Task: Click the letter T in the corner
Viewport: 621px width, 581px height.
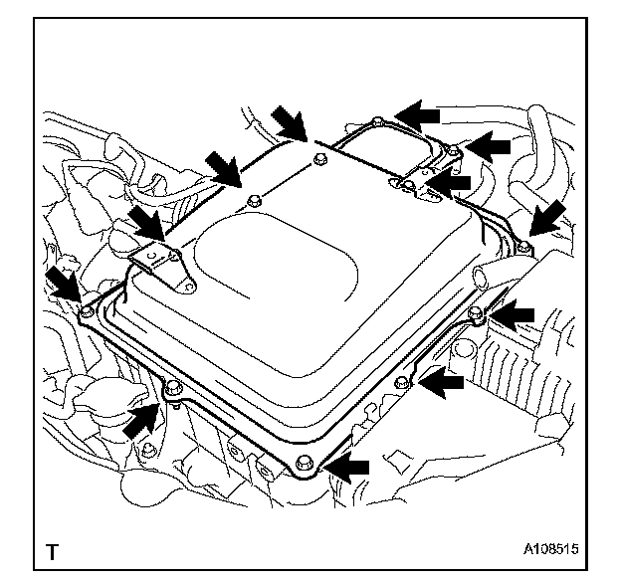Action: (x=51, y=549)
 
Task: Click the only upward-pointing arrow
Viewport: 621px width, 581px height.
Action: (x=140, y=420)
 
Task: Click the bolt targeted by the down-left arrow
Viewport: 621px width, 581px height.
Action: (x=522, y=244)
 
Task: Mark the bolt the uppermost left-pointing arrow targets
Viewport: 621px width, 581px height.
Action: (x=375, y=121)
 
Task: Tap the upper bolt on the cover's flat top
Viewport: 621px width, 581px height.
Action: (x=318, y=159)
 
